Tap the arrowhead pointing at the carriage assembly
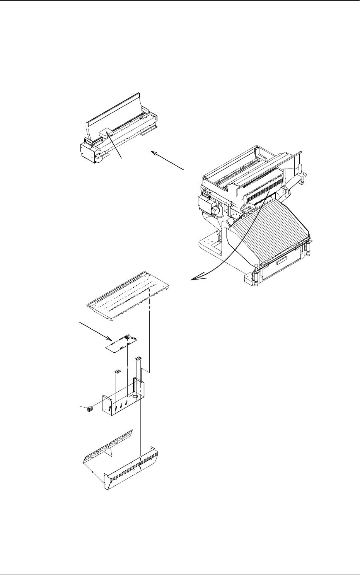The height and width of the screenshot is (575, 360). click(x=154, y=153)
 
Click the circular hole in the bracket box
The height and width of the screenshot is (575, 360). click(x=135, y=396)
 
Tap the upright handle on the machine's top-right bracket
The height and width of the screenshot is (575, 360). click(x=300, y=170)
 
